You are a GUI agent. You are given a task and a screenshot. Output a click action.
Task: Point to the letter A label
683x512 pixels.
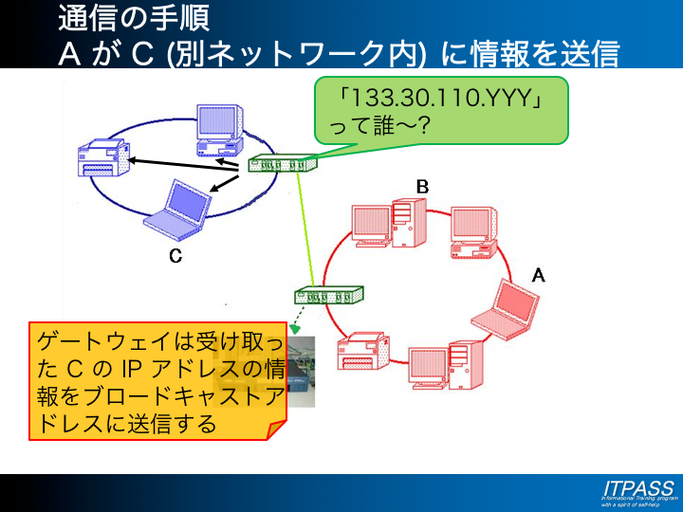[x=538, y=275]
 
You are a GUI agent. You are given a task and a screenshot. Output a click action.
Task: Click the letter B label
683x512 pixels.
[x=423, y=188]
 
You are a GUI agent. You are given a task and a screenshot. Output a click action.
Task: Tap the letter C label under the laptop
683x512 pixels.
[x=175, y=256]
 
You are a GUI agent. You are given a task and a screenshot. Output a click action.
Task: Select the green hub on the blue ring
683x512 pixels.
[x=282, y=164]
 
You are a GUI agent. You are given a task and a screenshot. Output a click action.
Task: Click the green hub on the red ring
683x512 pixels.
[x=330, y=295]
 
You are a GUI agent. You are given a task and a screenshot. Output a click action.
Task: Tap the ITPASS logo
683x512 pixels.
[x=637, y=488]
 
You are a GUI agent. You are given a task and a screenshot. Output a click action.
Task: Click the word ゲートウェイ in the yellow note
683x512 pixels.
[x=102, y=339]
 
